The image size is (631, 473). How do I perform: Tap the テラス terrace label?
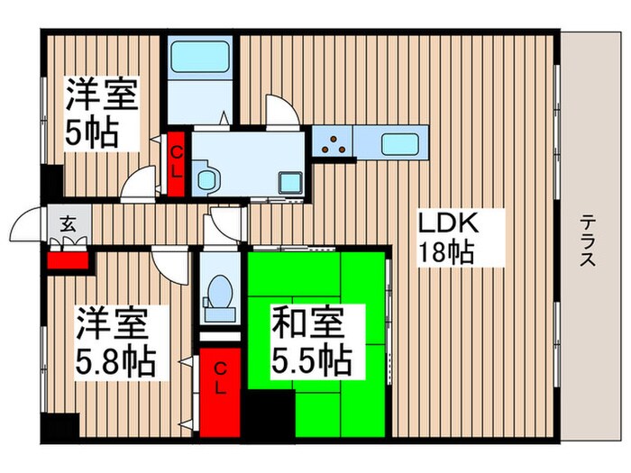[587, 241]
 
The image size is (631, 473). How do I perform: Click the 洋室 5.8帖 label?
[114, 341]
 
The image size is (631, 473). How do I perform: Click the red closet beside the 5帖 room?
[177, 164]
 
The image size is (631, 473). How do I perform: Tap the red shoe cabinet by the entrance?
[69, 260]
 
